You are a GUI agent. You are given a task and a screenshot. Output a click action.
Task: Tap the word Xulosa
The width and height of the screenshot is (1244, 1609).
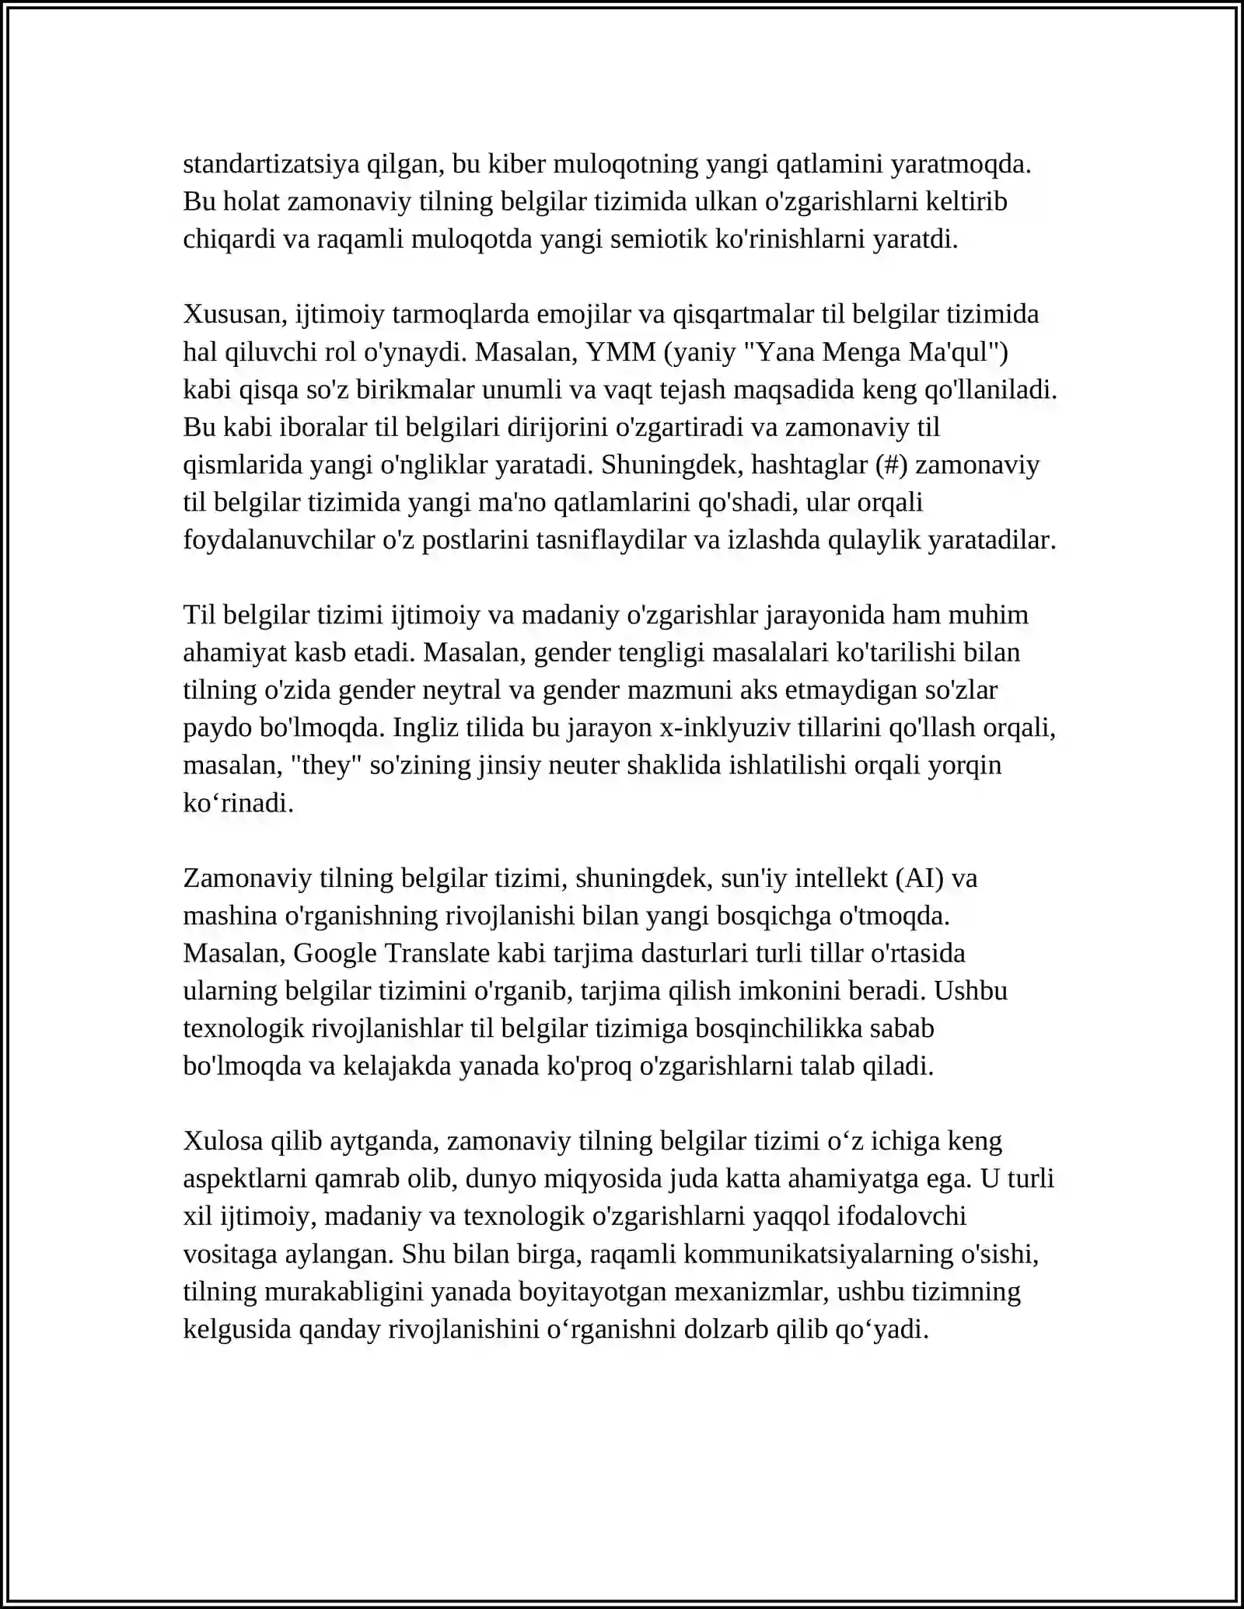(x=223, y=1141)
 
